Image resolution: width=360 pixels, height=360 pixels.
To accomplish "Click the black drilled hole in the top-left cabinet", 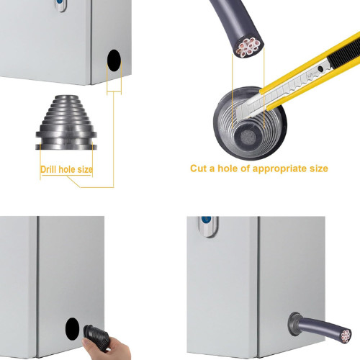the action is point(114,60).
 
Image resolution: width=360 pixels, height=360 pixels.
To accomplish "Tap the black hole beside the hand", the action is point(72,329).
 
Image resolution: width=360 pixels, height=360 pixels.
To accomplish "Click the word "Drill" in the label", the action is point(48,169).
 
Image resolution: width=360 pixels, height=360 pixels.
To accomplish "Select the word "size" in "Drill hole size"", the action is point(85,169).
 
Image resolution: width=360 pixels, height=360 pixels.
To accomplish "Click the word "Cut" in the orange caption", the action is point(199,168).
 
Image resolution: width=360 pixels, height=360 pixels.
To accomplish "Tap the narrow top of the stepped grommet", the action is point(66,97).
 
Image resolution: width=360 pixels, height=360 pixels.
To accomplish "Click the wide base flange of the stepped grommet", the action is point(66,146).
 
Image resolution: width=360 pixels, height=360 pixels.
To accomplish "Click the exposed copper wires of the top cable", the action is point(248,47).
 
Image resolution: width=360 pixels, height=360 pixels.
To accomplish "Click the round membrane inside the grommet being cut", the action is point(247,138).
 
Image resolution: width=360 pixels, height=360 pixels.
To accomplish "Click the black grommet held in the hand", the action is point(96,338).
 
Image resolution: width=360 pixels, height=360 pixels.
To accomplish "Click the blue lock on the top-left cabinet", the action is point(59,1).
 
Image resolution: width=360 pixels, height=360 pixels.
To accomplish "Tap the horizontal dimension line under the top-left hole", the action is point(114,91).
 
